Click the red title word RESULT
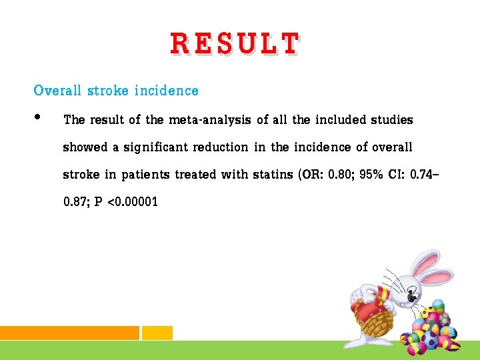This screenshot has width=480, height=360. pyautogui.click(x=234, y=44)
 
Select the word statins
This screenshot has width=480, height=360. pyautogui.click(x=274, y=175)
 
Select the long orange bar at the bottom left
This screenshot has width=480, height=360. pyautogui.click(x=69, y=333)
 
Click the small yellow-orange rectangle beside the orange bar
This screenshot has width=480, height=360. pyautogui.click(x=157, y=333)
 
